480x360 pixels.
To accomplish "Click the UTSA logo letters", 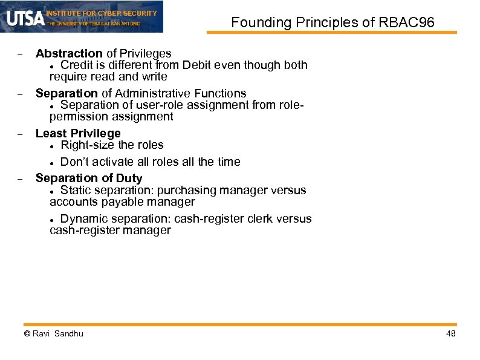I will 25,18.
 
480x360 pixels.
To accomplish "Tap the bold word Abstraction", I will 69,53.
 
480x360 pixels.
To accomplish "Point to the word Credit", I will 77,65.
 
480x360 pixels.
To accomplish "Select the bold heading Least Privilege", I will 78,133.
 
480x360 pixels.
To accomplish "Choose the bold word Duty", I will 129,178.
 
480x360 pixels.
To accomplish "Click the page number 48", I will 450,334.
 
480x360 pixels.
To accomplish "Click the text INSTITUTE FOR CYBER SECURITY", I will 101,13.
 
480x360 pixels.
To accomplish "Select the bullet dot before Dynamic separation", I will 53,220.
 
